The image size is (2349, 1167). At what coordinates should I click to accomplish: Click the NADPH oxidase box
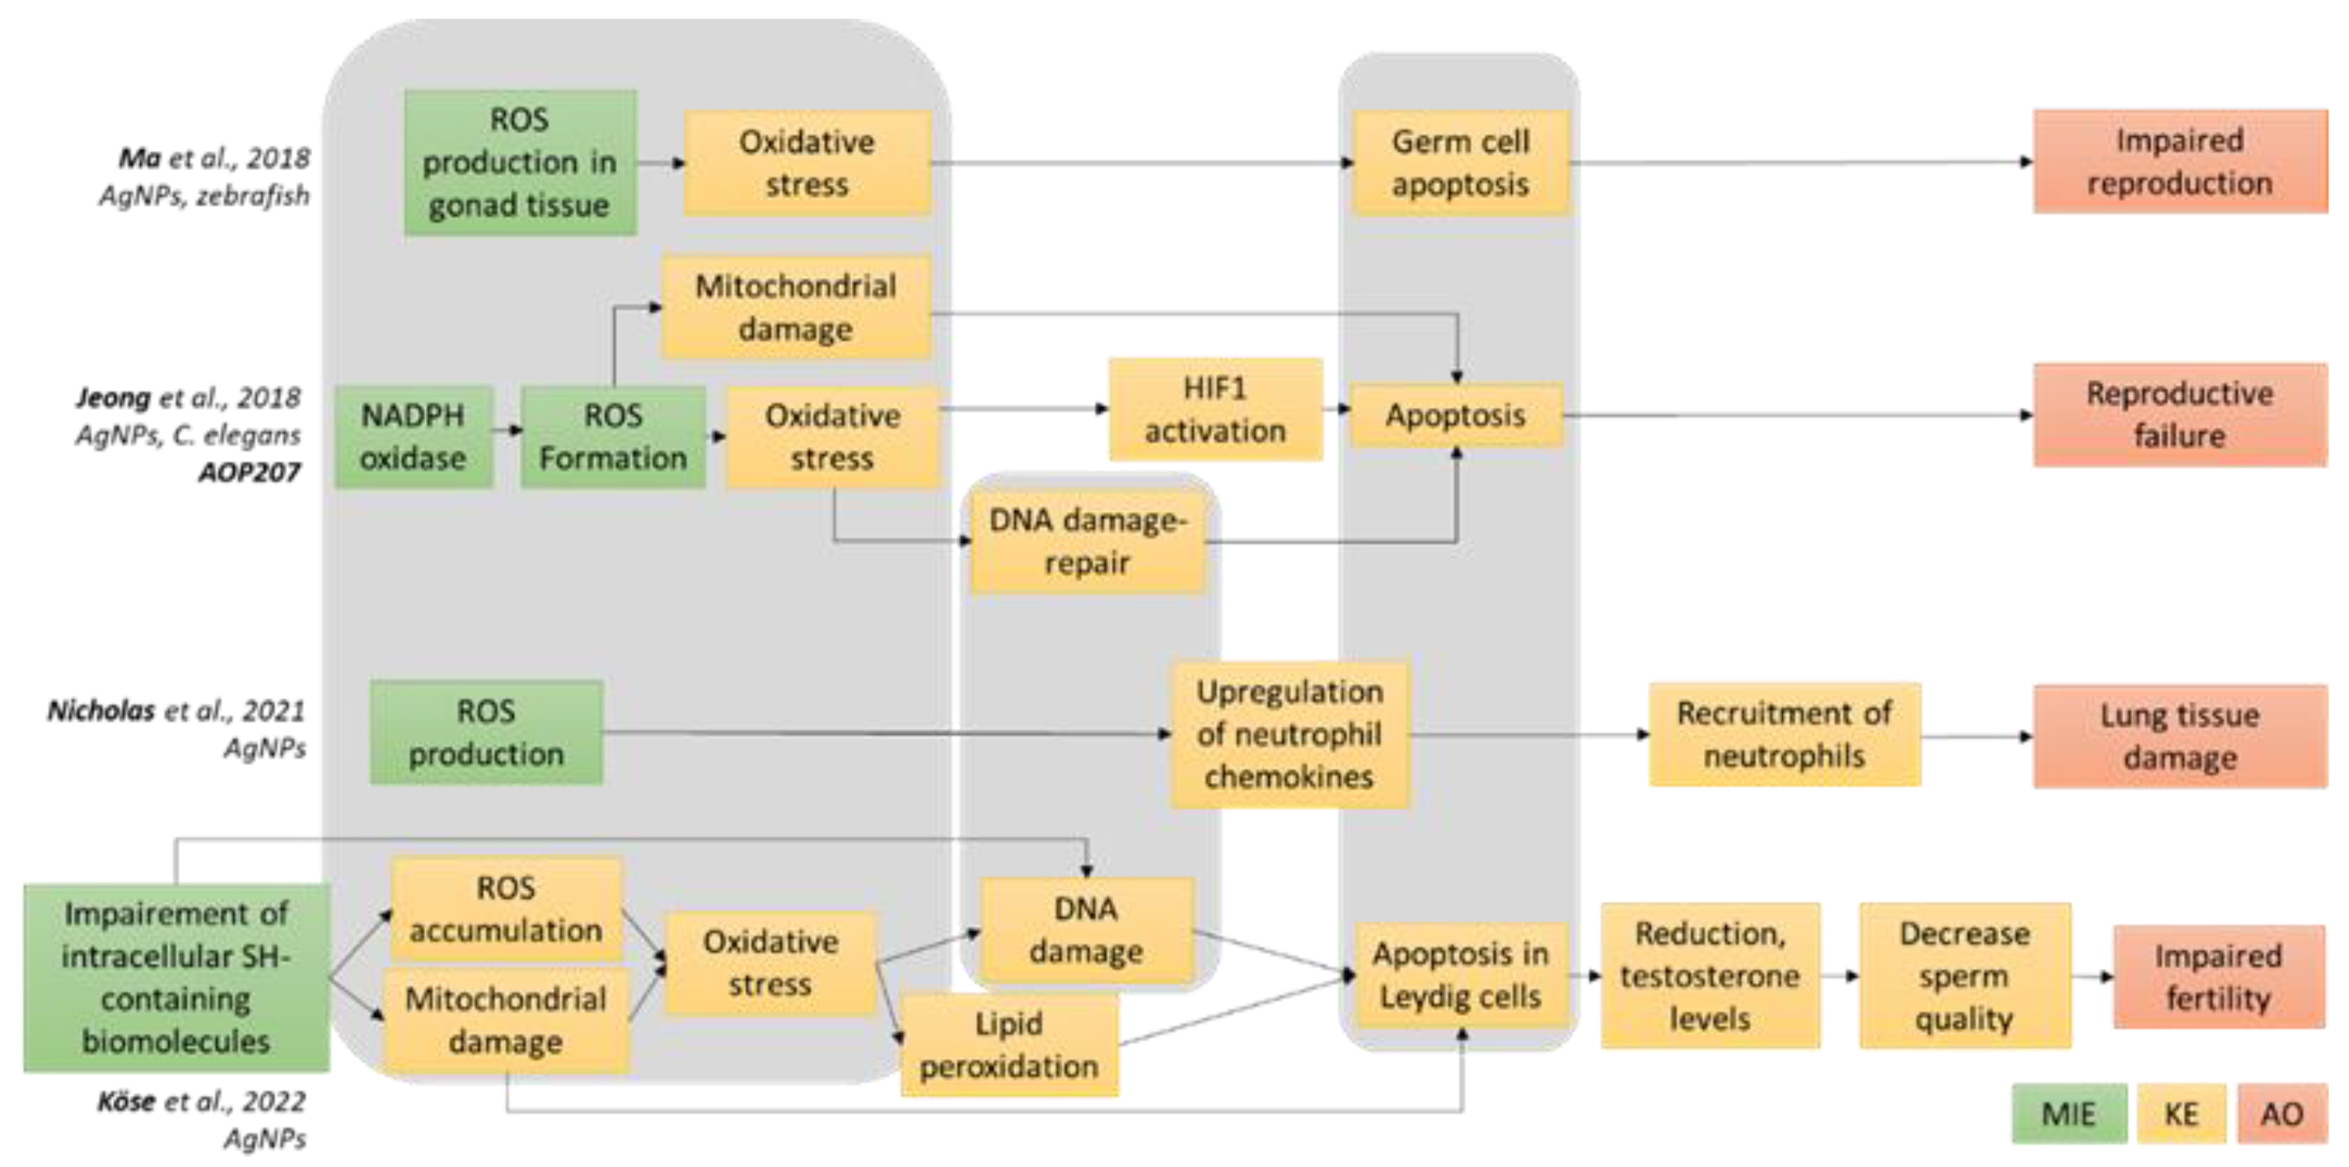click(x=413, y=437)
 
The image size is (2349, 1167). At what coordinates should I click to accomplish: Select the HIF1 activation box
click(x=1214, y=409)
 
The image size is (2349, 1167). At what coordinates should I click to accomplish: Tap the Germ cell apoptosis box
click(x=1460, y=164)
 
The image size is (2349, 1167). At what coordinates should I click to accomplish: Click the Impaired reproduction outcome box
click(x=2179, y=162)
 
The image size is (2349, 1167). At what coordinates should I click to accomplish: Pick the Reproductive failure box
click(x=2179, y=415)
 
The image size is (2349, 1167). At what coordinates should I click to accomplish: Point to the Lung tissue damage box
click(x=2179, y=736)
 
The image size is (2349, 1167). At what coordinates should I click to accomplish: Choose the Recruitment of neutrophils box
click(x=1784, y=734)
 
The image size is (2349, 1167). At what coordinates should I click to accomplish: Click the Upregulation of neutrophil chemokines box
click(x=1290, y=734)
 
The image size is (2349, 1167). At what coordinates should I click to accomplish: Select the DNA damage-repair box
click(x=1087, y=542)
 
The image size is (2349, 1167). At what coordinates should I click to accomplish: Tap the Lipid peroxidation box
click(x=1009, y=1045)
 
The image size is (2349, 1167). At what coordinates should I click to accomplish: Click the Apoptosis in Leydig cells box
click(x=1460, y=974)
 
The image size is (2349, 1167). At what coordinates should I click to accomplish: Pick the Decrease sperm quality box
click(x=1965, y=975)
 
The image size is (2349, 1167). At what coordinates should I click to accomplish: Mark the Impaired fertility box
click(x=2217, y=977)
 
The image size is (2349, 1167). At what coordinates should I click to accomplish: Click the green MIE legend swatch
click(x=2068, y=1113)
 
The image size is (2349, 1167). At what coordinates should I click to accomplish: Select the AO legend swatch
click(x=2281, y=1113)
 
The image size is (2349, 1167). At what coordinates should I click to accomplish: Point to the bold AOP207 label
click(x=249, y=472)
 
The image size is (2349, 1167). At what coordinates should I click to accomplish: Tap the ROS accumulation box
click(x=506, y=909)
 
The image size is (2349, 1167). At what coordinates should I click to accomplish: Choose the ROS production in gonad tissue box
click(x=520, y=162)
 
